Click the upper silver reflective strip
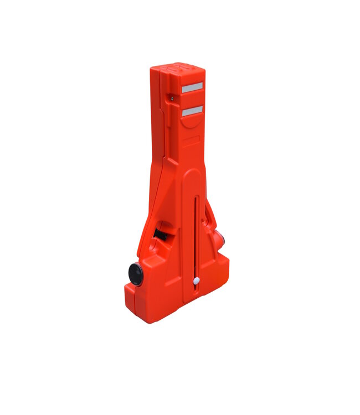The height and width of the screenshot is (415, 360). pyautogui.click(x=192, y=87)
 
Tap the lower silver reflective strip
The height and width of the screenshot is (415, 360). pyautogui.click(x=192, y=111)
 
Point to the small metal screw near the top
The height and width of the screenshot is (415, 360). pyautogui.click(x=172, y=98)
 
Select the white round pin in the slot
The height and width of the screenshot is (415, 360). pyautogui.click(x=196, y=281)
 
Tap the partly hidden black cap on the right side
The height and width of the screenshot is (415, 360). pyautogui.click(x=223, y=240)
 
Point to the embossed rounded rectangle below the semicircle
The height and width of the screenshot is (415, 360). pyautogui.click(x=191, y=141)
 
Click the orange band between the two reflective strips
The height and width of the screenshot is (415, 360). pyautogui.click(x=192, y=99)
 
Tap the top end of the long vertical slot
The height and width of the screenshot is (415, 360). pyautogui.click(x=196, y=196)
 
